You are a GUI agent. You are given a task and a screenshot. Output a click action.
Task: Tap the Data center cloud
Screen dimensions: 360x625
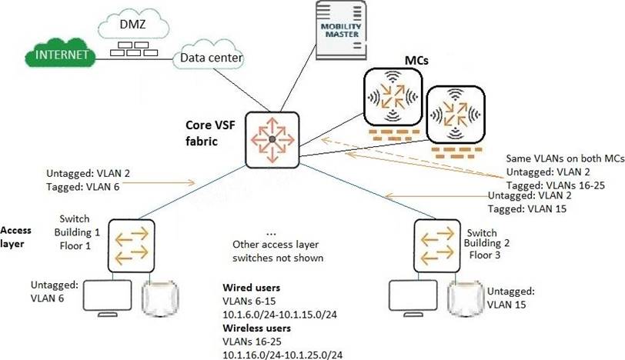210,58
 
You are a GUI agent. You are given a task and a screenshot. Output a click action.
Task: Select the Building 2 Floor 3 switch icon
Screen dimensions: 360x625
436,242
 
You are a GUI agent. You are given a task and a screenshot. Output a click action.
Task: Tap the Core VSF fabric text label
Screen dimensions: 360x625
212,132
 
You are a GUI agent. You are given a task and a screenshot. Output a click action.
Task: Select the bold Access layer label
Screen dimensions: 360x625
16,236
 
